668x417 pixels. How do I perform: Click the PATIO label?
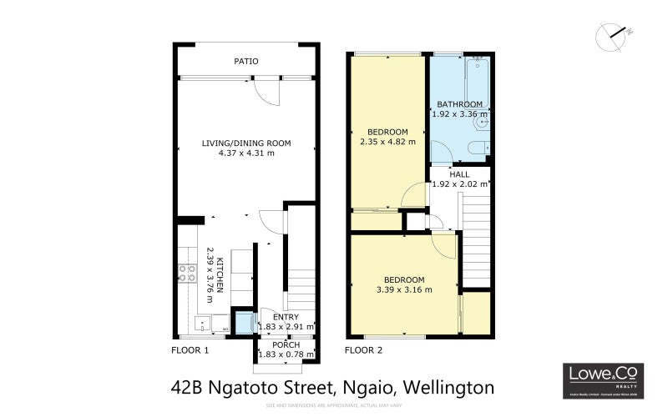point(245,61)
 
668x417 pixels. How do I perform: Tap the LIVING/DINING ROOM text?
point(245,143)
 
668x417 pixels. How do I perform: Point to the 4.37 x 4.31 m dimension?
point(245,153)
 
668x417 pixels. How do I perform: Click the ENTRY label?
point(286,317)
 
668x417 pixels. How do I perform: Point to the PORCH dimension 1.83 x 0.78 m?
point(286,354)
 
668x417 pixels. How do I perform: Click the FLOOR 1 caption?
point(190,350)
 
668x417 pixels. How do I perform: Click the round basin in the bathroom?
point(482,123)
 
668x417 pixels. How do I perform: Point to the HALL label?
point(458,174)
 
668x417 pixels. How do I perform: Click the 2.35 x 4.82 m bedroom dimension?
point(388,143)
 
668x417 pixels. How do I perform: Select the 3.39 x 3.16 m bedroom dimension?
point(404,289)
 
